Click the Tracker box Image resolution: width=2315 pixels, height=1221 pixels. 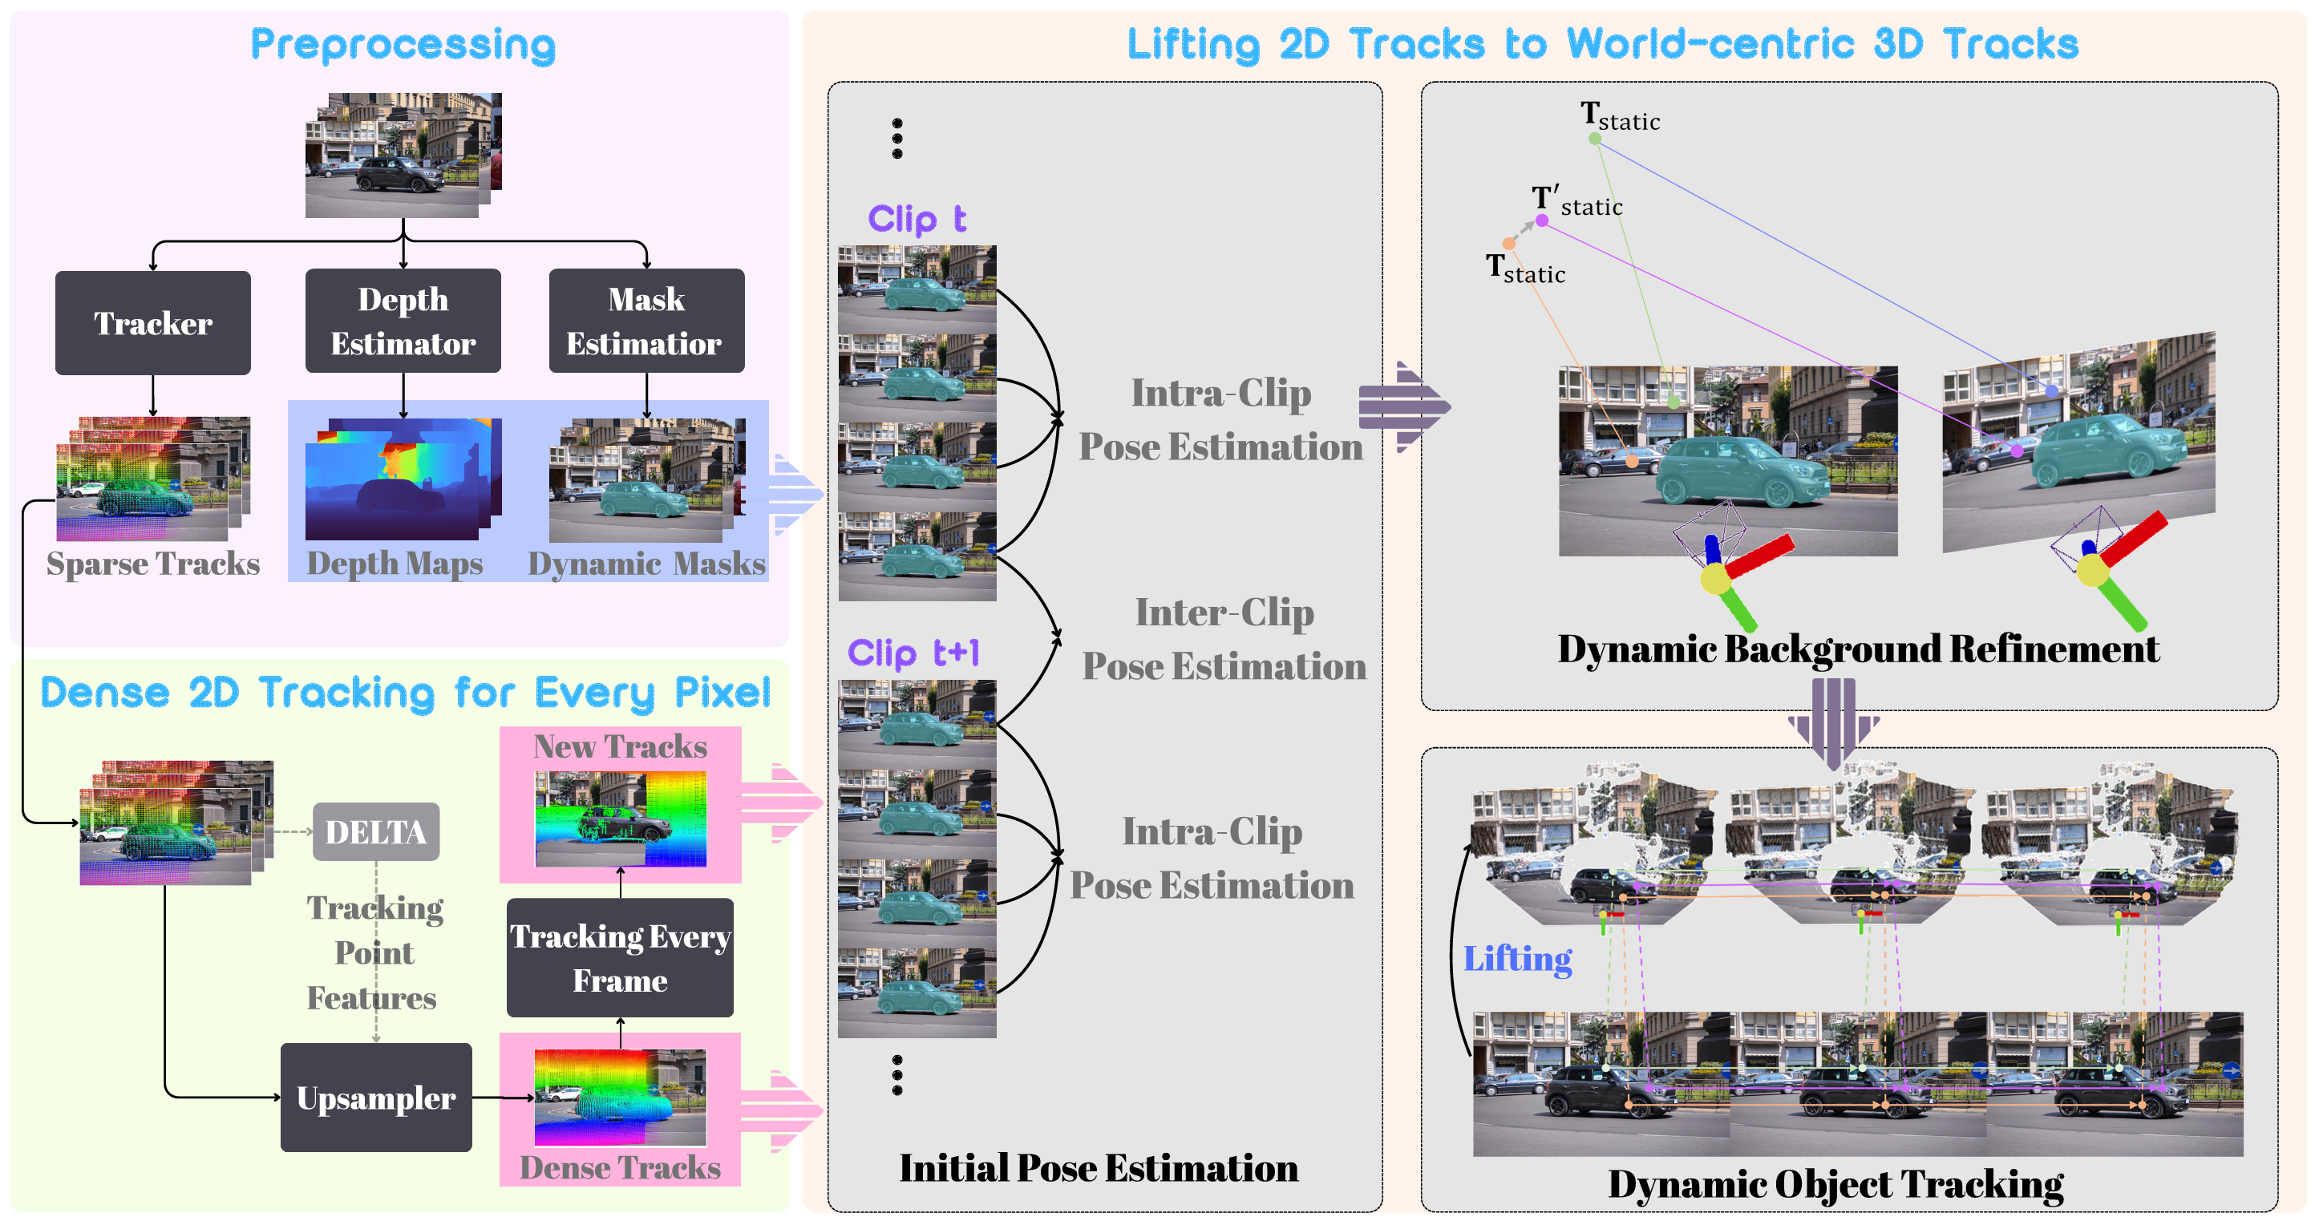point(153,322)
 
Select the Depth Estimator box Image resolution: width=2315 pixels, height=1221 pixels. point(403,321)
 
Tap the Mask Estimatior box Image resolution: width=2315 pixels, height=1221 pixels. point(646,321)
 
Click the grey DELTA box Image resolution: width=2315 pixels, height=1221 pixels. point(375,832)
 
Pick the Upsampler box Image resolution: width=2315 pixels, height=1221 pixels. point(375,1097)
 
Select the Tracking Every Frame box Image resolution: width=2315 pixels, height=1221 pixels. point(619,958)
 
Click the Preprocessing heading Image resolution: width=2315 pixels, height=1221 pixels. point(403,45)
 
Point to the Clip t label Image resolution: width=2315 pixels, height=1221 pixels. point(916,218)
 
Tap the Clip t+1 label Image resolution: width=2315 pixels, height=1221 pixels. point(913,653)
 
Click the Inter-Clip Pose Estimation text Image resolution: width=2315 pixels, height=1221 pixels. point(1223,639)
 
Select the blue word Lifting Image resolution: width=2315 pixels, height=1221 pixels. point(1517,959)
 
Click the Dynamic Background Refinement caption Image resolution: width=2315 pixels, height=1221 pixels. point(1858,649)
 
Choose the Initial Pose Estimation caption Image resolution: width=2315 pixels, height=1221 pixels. point(1099,1168)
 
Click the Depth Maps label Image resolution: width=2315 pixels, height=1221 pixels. point(395,564)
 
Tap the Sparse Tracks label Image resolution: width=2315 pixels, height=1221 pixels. point(153,564)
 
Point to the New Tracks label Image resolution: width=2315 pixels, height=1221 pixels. point(619,746)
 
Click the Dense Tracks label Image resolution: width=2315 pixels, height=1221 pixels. point(619,1167)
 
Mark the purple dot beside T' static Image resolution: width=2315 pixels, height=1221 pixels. point(1542,220)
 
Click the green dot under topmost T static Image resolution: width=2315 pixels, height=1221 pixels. point(1594,139)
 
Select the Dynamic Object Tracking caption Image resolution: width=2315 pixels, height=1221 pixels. point(1835,1183)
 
